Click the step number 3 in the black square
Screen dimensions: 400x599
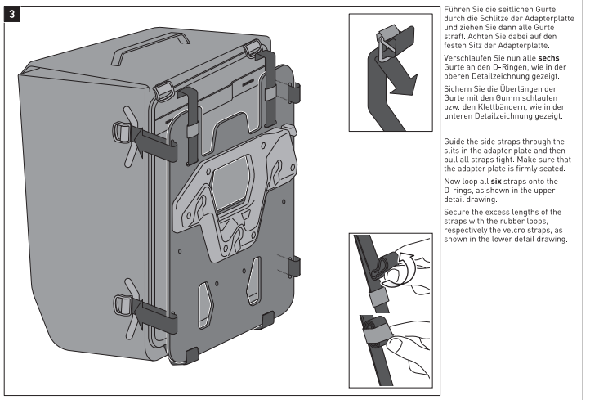[x=13, y=14]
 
